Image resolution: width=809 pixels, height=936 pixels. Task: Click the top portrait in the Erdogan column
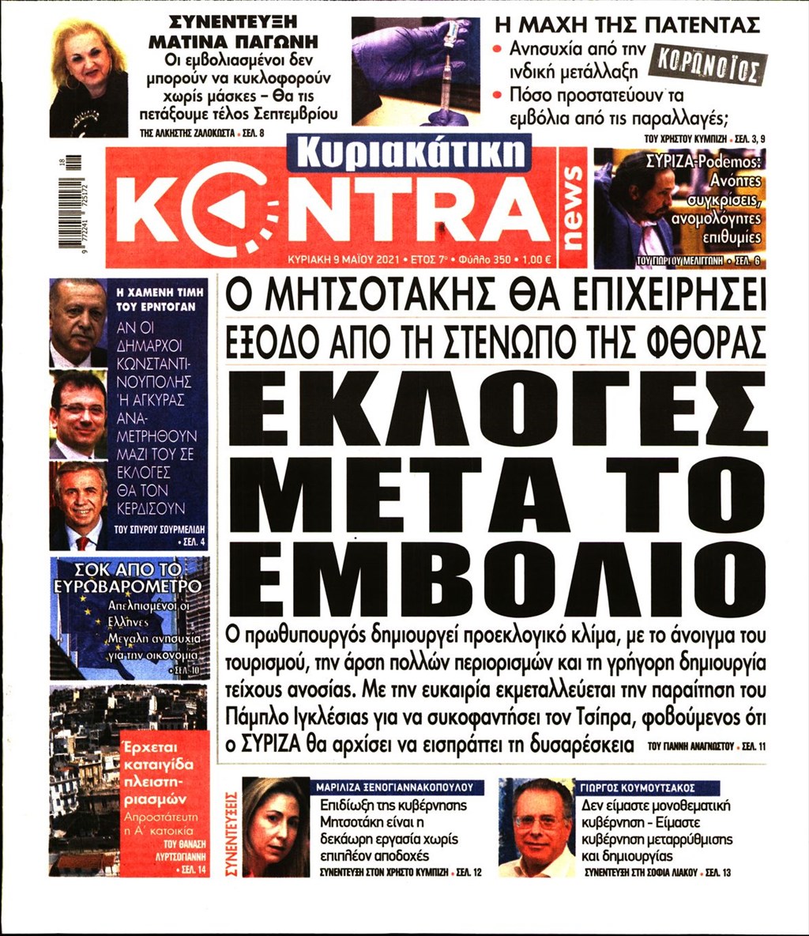pos(77,323)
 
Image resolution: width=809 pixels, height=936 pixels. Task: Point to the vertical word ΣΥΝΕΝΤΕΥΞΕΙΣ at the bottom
pos(232,827)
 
